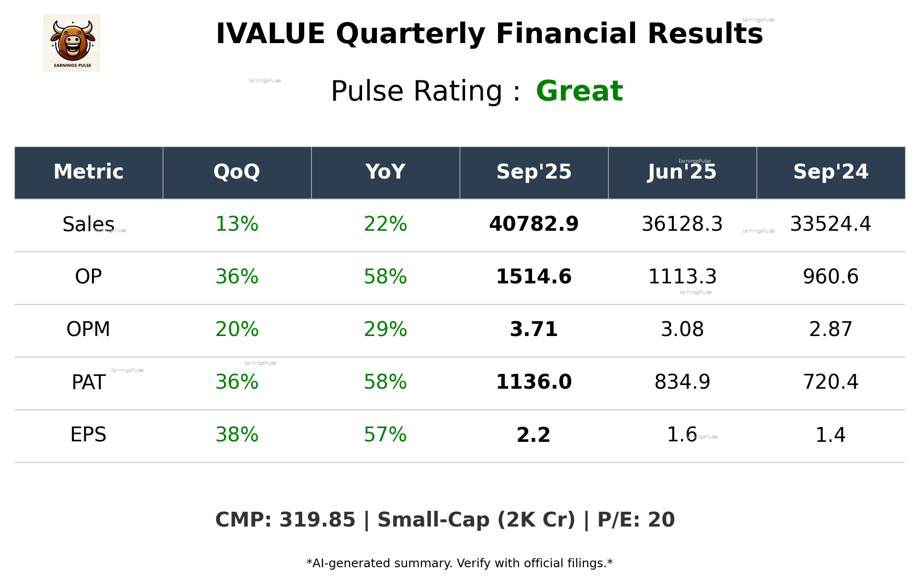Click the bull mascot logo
pyautogui.click(x=72, y=43)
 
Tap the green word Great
pyautogui.click(x=579, y=91)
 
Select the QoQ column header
pyautogui.click(x=237, y=172)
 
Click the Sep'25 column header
pyautogui.click(x=533, y=172)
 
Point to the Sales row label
pyautogui.click(x=88, y=225)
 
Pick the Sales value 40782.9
pyautogui.click(x=533, y=225)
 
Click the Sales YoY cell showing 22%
pyautogui.click(x=385, y=225)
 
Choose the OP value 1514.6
pyautogui.click(x=533, y=277)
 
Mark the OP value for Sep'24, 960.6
pyautogui.click(x=830, y=277)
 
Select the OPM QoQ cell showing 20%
pyautogui.click(x=237, y=330)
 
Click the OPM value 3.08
pyautogui.click(x=682, y=330)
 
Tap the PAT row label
pyautogui.click(x=88, y=382)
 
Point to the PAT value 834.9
pyautogui.click(x=682, y=382)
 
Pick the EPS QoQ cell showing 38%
pyautogui.click(x=237, y=435)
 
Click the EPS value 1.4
pyautogui.click(x=830, y=435)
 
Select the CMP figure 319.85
pyautogui.click(x=317, y=520)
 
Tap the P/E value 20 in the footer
pyautogui.click(x=661, y=520)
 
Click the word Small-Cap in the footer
pyautogui.click(x=434, y=520)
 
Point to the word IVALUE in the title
pyautogui.click(x=270, y=34)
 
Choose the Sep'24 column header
pyautogui.click(x=830, y=172)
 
